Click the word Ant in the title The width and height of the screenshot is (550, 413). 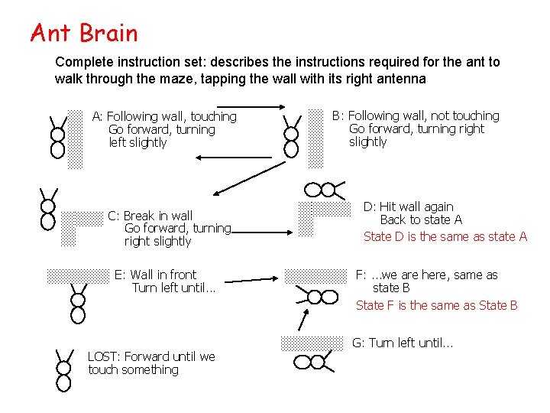50,34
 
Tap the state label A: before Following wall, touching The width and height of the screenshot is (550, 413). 98,117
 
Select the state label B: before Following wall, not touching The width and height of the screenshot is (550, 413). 338,116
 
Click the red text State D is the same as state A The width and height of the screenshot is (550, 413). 445,236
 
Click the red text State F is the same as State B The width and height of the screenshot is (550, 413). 436,305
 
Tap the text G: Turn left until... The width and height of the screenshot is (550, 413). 402,343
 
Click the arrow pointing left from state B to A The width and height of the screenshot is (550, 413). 233,158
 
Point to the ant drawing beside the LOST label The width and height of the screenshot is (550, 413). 63,369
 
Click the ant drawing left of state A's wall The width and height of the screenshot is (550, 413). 57,135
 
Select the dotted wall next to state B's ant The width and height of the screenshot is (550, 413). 316,137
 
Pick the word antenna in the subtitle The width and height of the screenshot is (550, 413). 402,79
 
